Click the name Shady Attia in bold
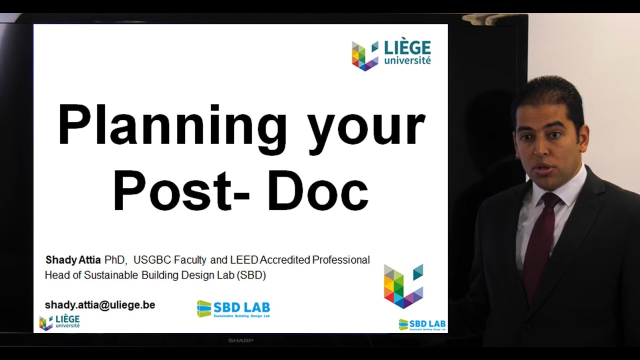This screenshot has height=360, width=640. (73, 260)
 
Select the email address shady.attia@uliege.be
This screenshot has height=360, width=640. (100, 304)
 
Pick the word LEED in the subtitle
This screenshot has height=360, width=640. (244, 260)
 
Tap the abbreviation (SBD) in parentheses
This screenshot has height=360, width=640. (251, 275)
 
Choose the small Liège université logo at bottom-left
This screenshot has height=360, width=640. (59, 322)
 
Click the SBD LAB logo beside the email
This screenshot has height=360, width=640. (233, 309)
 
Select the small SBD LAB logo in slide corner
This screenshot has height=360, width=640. (422, 324)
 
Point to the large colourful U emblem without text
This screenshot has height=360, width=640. (403, 285)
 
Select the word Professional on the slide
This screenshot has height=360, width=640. (341, 260)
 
